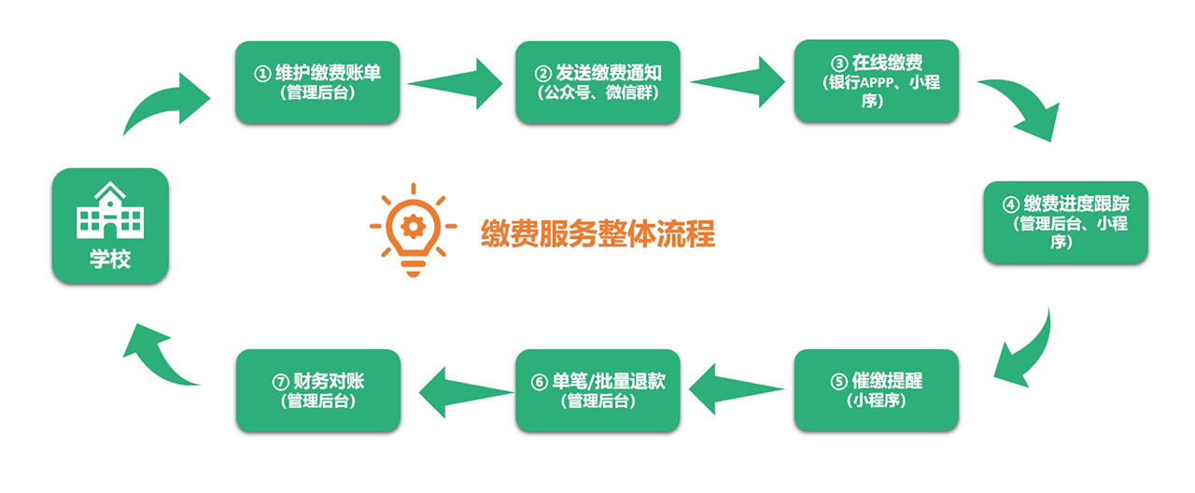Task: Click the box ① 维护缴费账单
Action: coord(317,81)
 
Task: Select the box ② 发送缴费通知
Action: coord(597,81)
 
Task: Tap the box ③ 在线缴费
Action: coord(876,81)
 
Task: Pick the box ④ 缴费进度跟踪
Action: coord(1065,223)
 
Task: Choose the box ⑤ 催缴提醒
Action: coord(876,390)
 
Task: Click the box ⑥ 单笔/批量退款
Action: coord(597,390)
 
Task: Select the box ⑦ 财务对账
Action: coord(317,390)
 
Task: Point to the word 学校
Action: coord(110,259)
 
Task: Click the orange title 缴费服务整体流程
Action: coord(597,232)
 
